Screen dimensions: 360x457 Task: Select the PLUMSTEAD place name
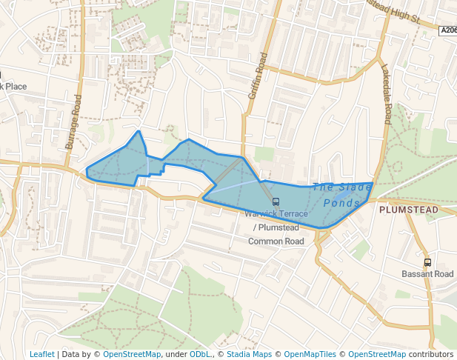[x=408, y=210]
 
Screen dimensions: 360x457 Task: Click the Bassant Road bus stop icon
[x=427, y=262]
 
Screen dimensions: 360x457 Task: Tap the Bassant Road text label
[x=427, y=274]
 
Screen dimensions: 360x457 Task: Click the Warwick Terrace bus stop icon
[x=276, y=201]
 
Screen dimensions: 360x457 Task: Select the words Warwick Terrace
[x=276, y=214]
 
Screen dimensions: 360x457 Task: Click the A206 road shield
[x=448, y=30]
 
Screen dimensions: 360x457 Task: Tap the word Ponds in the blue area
[x=341, y=202]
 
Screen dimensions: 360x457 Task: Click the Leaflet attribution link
[x=42, y=354]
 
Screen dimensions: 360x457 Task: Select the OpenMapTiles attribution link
[x=310, y=354]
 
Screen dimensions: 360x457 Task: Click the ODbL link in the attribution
[x=200, y=354]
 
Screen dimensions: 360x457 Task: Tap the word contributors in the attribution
[x=430, y=354]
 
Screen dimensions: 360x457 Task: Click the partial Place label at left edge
[x=14, y=87]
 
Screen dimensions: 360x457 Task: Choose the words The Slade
[x=342, y=187]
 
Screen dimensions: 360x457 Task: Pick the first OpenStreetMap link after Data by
[x=132, y=354]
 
